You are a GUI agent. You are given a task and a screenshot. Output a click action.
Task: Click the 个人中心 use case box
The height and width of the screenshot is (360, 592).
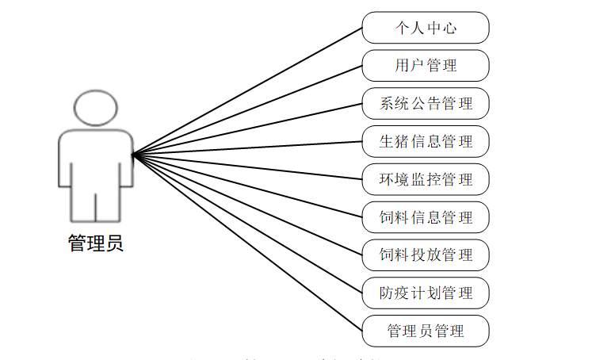426,28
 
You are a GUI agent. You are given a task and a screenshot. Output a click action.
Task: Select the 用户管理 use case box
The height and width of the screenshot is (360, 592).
426,65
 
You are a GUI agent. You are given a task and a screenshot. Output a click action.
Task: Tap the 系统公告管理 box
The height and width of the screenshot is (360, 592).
426,103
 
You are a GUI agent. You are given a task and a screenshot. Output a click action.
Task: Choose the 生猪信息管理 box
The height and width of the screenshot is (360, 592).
426,141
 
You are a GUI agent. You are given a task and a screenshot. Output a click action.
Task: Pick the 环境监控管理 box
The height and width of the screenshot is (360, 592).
426,179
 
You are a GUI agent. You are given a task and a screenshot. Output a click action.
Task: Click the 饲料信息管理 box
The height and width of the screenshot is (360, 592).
426,217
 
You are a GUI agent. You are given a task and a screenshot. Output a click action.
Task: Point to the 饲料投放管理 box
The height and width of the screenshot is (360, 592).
426,255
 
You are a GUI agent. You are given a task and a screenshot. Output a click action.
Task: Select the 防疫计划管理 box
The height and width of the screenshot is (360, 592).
426,293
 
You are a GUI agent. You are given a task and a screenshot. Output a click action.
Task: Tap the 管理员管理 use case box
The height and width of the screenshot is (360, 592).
426,331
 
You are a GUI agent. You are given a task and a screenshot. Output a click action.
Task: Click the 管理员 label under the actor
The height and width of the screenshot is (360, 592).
96,243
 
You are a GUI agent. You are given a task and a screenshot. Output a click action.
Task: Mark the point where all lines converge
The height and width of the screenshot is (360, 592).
132,154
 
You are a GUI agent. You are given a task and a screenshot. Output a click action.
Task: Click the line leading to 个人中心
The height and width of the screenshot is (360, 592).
247,90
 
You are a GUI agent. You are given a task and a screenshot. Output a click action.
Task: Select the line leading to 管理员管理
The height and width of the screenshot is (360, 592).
247,243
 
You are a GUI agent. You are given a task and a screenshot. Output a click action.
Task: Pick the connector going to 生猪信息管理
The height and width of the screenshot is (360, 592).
247,147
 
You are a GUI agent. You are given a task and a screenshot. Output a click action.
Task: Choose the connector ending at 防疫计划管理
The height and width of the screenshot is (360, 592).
247,224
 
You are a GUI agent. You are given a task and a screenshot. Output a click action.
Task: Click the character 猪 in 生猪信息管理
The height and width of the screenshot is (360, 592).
404,141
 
